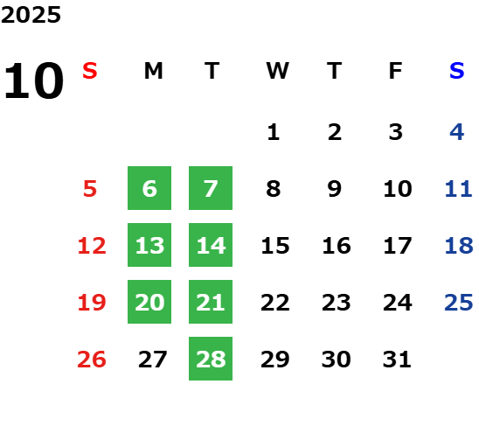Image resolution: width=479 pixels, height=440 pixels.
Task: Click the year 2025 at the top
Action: (31, 15)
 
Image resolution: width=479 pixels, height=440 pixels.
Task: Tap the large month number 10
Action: (33, 80)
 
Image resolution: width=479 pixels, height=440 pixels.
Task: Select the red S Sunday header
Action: (90, 71)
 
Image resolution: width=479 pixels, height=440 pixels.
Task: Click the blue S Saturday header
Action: (456, 71)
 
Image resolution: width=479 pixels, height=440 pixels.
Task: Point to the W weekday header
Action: (277, 71)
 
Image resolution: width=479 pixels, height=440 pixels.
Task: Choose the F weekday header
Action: (396, 71)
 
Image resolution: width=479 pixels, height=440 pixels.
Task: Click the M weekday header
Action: (153, 71)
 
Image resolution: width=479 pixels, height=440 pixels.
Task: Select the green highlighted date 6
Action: (149, 188)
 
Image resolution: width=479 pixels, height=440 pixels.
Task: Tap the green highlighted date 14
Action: (211, 245)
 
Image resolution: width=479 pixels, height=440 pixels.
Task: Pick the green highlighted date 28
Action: (211, 359)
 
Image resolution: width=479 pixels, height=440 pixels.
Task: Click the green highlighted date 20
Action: (149, 302)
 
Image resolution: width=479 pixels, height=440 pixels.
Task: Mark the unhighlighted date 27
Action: (152, 360)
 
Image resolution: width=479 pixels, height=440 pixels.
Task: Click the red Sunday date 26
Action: (92, 360)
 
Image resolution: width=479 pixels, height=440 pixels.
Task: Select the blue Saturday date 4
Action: (457, 132)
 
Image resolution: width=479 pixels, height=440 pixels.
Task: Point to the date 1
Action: (273, 132)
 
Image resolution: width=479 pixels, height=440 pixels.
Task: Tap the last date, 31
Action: (397, 360)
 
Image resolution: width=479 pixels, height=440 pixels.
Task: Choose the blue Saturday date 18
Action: (459, 246)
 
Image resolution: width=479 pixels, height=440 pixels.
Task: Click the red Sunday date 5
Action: (90, 189)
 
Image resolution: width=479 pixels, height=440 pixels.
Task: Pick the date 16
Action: (337, 246)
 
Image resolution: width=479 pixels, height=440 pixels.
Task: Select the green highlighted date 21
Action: (211, 302)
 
